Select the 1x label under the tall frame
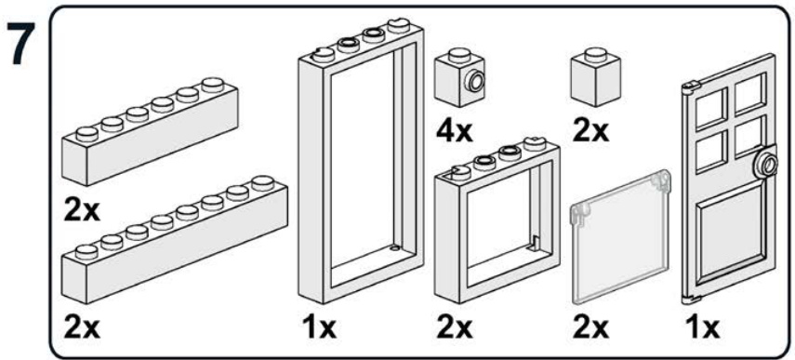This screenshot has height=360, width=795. [x=321, y=328]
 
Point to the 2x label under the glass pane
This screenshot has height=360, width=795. [x=590, y=328]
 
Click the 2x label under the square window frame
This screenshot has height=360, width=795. [x=455, y=328]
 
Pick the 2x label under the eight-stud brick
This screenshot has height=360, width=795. [x=82, y=328]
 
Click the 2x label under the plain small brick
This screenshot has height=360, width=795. [x=590, y=131]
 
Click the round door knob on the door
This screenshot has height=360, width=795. [x=767, y=164]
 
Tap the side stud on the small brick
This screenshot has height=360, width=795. [x=475, y=81]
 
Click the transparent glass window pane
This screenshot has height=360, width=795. [x=618, y=238]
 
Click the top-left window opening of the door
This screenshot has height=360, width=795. [x=710, y=107]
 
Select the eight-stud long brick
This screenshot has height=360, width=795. [x=175, y=238]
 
